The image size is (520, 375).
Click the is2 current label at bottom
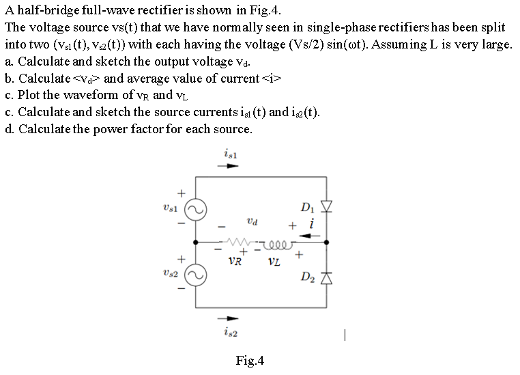click(x=230, y=333)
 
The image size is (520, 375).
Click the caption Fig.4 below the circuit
click(x=249, y=360)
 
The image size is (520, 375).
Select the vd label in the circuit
click(x=253, y=221)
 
